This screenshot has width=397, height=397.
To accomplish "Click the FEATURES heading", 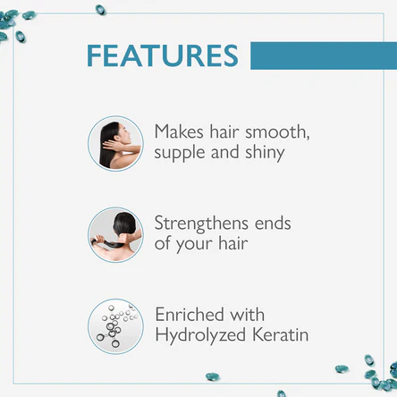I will pos(163,55).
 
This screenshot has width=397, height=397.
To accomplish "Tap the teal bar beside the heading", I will pos(322,55).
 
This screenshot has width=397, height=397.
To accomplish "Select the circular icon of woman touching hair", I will pos(115,143).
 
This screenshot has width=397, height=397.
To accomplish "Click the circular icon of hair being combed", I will pos(115,234).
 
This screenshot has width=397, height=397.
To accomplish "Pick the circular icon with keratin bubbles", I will pos(115,325).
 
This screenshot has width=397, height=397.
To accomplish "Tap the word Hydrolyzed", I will pos(203,336).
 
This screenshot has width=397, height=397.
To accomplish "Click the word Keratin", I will pos(282,336).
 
